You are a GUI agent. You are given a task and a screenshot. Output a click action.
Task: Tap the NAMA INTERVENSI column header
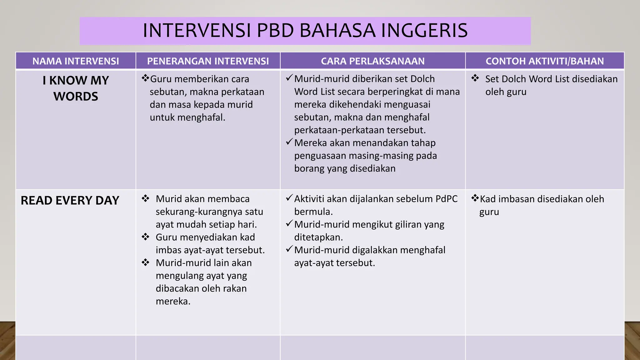pos(76,61)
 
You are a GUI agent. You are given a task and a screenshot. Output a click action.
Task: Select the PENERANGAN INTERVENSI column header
pos(208,61)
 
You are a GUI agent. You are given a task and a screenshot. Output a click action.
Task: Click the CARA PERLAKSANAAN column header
pos(372,61)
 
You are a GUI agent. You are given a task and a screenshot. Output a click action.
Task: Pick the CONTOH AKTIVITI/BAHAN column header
pos(545,61)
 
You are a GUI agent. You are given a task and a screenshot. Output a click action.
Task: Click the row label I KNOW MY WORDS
pos(76,88)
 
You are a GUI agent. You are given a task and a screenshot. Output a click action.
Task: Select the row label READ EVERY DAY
pos(70,200)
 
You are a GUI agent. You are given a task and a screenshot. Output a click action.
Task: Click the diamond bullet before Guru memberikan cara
pos(145,78)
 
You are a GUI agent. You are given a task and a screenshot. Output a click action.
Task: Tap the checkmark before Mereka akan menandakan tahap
pos(289,142)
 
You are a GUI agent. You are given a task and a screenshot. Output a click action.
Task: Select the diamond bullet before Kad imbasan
pos(475,198)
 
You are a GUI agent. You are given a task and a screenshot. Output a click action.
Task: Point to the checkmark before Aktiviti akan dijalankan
pos(289,198)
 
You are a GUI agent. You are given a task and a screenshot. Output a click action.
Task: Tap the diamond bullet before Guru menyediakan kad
pos(145,237)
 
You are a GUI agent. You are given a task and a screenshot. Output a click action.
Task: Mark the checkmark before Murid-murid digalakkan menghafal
pos(289,249)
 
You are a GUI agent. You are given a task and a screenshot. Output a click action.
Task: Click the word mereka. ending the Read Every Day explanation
pos(173,301)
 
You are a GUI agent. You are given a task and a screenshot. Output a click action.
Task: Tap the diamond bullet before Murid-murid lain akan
pos(145,262)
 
